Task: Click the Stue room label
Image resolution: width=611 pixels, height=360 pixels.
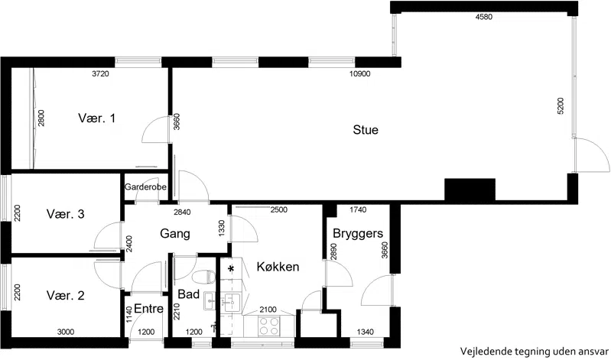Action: click(366, 130)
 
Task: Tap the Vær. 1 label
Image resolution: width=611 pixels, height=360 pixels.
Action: click(96, 118)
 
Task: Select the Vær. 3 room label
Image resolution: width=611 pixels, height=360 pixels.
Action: click(66, 214)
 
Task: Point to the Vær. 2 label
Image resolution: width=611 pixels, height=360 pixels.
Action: click(66, 295)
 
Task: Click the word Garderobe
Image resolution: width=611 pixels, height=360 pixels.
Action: click(145, 187)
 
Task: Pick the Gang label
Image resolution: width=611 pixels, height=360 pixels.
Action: click(175, 234)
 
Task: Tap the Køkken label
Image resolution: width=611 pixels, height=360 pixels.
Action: click(278, 267)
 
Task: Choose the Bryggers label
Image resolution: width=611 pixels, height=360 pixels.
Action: click(358, 234)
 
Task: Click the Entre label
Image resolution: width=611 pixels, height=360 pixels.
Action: click(148, 309)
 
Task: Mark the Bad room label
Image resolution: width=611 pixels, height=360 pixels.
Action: click(189, 294)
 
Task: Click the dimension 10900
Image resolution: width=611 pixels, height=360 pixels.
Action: click(359, 73)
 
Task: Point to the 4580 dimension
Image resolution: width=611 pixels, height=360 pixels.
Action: click(484, 17)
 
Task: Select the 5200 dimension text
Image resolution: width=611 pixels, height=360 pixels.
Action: click(561, 106)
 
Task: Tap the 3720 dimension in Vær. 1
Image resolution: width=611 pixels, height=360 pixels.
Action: click(100, 73)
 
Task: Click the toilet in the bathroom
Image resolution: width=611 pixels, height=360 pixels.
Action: click(204, 277)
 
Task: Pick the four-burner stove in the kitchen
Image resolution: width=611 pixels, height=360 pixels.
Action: click(269, 326)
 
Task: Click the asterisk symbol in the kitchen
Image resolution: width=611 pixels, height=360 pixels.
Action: click(231, 269)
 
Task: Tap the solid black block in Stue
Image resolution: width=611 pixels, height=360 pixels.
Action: click(470, 190)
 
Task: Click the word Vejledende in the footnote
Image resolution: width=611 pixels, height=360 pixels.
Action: click(482, 352)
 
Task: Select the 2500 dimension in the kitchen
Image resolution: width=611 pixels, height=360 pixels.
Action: click(278, 210)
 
